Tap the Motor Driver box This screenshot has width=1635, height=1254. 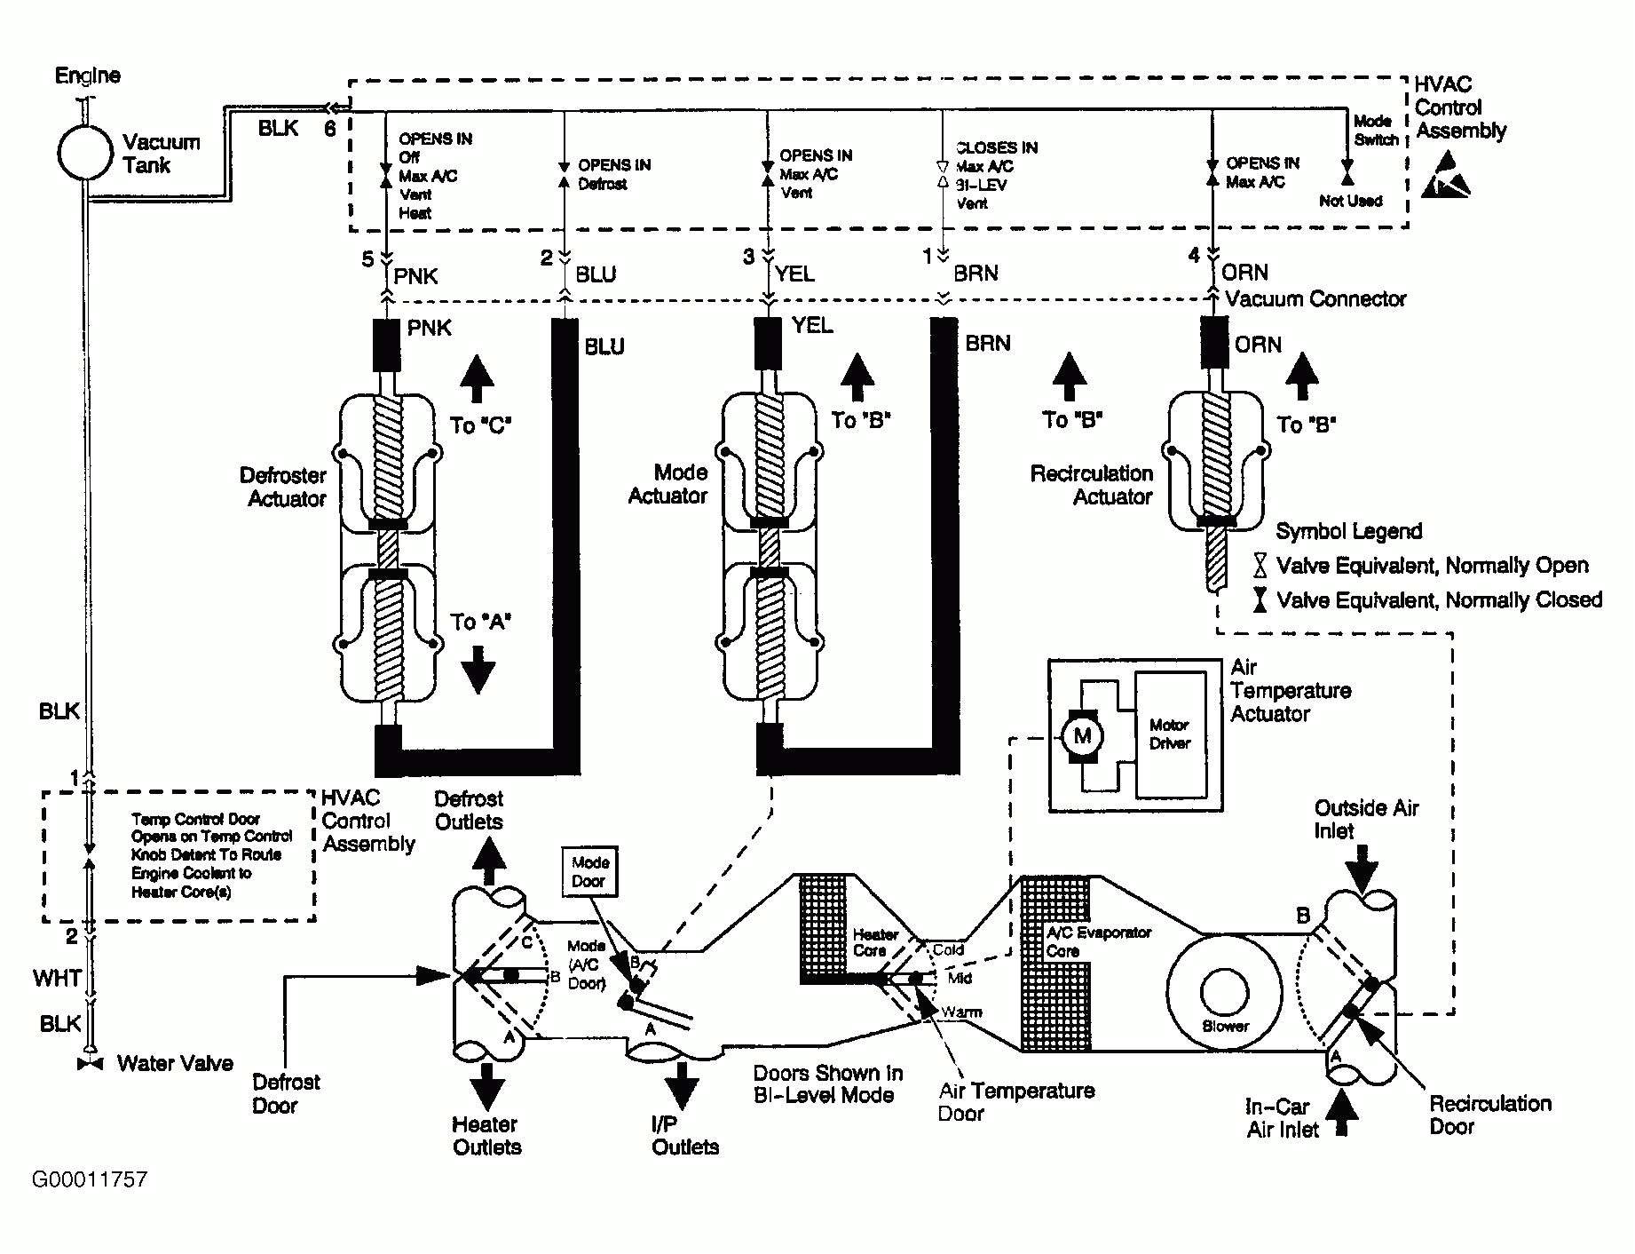coord(1171,734)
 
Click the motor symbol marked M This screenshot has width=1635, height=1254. coord(1082,735)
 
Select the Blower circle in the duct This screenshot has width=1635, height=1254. coord(1225,992)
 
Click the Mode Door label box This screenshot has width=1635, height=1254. coord(589,871)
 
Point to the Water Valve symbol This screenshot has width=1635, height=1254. coord(90,1064)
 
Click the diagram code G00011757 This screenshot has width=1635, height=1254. coord(89,1180)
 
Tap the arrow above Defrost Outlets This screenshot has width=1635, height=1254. coord(486,855)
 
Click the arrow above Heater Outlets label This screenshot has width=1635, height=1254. coord(486,1084)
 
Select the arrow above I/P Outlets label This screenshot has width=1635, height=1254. coord(682,1084)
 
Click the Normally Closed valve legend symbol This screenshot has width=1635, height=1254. coord(1259,600)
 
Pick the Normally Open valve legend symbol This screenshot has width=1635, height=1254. coord(1259,566)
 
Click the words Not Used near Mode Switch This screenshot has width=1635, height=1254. coord(1350,202)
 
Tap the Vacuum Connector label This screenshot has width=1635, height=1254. coord(1315,299)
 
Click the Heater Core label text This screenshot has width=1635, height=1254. coord(874,942)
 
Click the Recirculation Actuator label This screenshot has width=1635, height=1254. coord(1091,485)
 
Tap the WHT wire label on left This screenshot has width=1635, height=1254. coord(58,979)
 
